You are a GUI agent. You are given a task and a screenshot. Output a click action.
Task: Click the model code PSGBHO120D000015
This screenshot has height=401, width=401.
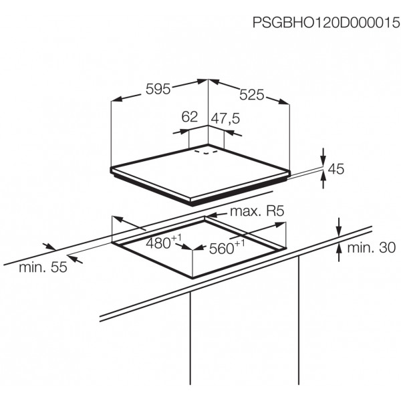click(x=326, y=23)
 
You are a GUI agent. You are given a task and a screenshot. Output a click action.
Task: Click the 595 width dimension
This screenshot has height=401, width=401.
click(x=158, y=89)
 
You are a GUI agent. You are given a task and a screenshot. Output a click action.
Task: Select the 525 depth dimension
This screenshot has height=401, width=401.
click(x=251, y=95)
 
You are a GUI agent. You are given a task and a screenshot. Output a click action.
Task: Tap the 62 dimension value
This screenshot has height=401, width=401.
click(x=190, y=117)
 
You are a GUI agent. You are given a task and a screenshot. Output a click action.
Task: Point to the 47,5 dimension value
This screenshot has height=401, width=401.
click(x=226, y=118)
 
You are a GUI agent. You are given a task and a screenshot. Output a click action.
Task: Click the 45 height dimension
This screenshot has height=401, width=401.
click(x=336, y=169)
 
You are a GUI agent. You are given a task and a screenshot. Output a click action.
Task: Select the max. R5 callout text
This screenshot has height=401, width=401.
click(x=257, y=211)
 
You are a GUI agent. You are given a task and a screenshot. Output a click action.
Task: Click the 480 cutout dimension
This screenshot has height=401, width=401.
click(x=164, y=242)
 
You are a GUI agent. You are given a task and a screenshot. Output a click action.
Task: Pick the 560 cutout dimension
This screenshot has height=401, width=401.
click(x=227, y=247)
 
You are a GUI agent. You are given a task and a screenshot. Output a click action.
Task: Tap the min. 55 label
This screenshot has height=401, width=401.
click(x=43, y=267)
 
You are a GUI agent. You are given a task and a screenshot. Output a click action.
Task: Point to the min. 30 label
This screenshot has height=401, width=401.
click(x=372, y=247)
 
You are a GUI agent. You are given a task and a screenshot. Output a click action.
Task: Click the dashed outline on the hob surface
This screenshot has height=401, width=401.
click(x=206, y=152)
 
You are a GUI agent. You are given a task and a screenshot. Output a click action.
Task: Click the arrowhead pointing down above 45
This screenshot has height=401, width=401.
click(x=323, y=160)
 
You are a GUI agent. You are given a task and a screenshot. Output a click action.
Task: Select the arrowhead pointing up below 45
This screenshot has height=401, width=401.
click(x=323, y=176)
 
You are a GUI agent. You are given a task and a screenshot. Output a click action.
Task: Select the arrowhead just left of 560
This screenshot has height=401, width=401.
click(x=198, y=248)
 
